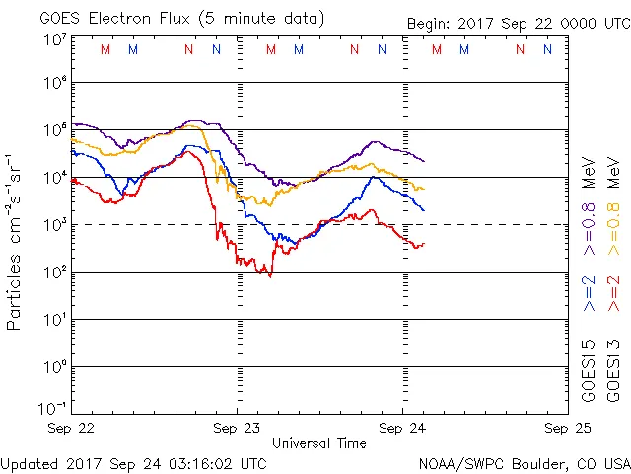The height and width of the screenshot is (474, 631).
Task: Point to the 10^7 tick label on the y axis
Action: coord(54,39)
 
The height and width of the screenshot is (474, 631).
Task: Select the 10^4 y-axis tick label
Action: coord(54,177)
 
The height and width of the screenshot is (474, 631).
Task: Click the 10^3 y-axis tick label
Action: coord(54,224)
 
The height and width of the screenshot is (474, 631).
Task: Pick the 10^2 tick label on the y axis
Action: coord(54,272)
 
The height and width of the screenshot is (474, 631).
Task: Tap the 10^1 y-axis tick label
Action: coord(54,319)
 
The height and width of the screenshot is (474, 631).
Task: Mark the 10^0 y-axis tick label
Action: coord(54,366)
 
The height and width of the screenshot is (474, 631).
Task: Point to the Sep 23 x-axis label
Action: coord(237,429)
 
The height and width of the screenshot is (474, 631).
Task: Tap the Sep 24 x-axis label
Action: coord(402,429)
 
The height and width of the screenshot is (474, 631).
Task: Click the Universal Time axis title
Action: coord(318,443)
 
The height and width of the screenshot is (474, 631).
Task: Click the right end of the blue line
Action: coord(424,210)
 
